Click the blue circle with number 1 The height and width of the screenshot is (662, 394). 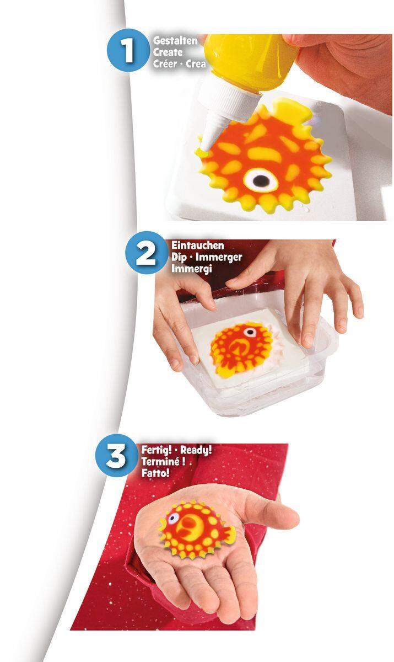pyautogui.click(x=128, y=51)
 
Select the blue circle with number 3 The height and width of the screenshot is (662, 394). pyautogui.click(x=116, y=457)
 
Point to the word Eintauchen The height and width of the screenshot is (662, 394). pyautogui.click(x=189, y=246)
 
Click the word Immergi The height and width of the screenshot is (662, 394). pyautogui.click(x=186, y=268)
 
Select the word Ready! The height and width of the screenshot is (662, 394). pyautogui.click(x=196, y=450)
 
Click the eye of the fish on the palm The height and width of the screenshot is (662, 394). pyautogui.click(x=172, y=519)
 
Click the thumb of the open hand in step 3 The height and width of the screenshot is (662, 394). pyautogui.click(x=276, y=514)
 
